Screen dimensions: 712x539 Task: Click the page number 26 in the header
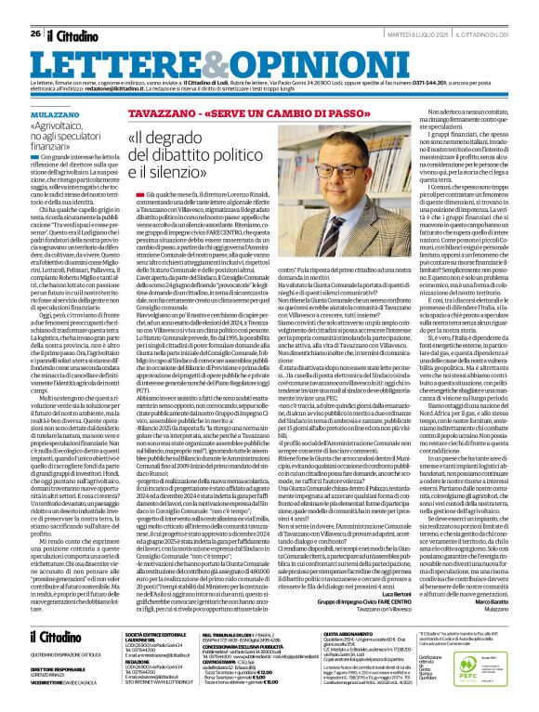pos(34,8)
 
